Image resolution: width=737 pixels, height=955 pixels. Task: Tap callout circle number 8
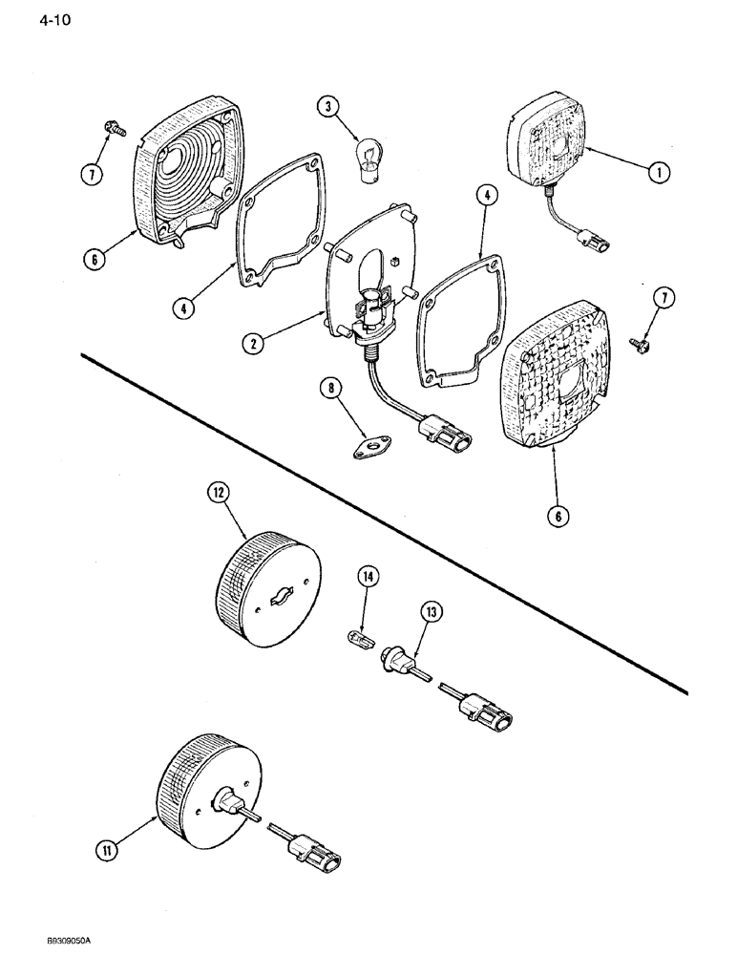pyautogui.click(x=330, y=390)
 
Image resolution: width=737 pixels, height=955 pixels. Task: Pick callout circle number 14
pyautogui.click(x=368, y=576)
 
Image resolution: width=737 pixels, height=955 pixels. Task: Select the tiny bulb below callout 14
pyautogui.click(x=355, y=637)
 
